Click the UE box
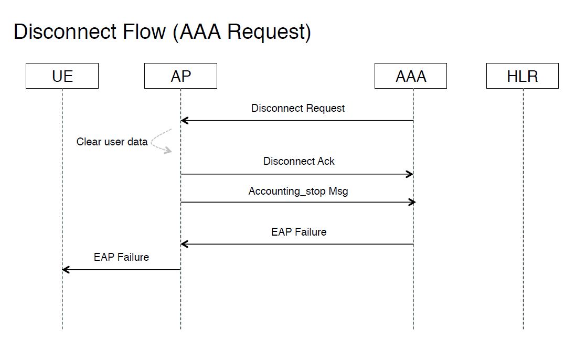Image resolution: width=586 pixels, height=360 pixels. [x=62, y=76]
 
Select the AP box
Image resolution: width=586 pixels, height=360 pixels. [x=180, y=76]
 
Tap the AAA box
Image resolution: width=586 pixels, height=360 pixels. [x=410, y=76]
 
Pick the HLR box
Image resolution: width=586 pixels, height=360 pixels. [x=522, y=76]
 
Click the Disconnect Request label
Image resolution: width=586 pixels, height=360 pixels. [x=298, y=109]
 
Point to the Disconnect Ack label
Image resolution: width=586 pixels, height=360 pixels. [x=299, y=161]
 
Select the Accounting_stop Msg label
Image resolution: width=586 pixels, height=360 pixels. [x=298, y=191]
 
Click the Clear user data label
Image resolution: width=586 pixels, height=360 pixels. [x=112, y=142]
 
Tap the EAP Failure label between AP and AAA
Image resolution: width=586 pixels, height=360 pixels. [x=299, y=232]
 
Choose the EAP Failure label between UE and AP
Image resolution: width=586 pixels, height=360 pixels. [x=121, y=257]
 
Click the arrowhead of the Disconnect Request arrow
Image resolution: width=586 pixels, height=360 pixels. [x=184, y=121]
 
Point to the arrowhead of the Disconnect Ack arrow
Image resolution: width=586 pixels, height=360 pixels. [x=410, y=174]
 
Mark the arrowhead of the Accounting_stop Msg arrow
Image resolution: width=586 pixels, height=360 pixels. [x=412, y=202]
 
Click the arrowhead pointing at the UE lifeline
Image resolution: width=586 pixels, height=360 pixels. [x=66, y=270]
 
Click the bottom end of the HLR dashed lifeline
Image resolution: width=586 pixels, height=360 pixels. [x=523, y=328]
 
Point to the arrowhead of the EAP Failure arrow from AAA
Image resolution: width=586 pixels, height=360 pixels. [x=184, y=244]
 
